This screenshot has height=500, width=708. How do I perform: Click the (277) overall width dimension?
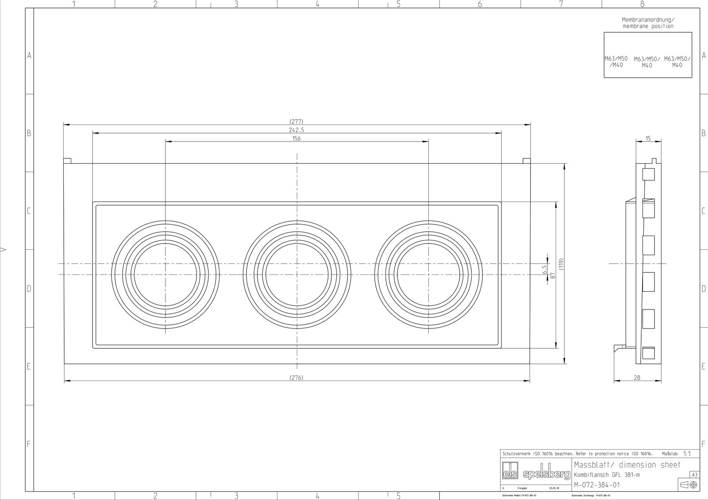click(x=296, y=122)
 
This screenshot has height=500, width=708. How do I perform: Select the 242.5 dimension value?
click(x=296, y=130)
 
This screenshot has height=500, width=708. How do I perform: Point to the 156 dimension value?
click(x=296, y=138)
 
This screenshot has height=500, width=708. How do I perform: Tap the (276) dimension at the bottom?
click(x=296, y=378)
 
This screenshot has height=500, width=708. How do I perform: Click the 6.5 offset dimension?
click(x=545, y=269)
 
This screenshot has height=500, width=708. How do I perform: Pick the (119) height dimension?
click(x=561, y=264)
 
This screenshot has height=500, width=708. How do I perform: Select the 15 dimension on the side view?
click(x=648, y=139)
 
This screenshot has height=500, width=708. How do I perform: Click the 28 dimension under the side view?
click(x=637, y=378)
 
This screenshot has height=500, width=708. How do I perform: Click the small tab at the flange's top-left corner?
click(x=67, y=161)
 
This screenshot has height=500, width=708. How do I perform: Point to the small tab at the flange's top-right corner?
click(x=527, y=161)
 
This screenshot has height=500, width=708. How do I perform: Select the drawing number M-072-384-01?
click(x=597, y=485)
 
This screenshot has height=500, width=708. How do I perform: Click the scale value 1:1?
click(x=687, y=454)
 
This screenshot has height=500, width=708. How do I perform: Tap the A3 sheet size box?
click(x=694, y=475)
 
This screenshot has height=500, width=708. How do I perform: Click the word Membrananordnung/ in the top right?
click(x=648, y=20)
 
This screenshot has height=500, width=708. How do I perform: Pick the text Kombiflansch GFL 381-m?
click(x=607, y=475)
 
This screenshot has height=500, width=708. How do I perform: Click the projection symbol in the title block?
click(x=688, y=485)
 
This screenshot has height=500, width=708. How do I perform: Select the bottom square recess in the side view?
click(x=648, y=353)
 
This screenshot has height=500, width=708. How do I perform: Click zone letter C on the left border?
click(x=29, y=211)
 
